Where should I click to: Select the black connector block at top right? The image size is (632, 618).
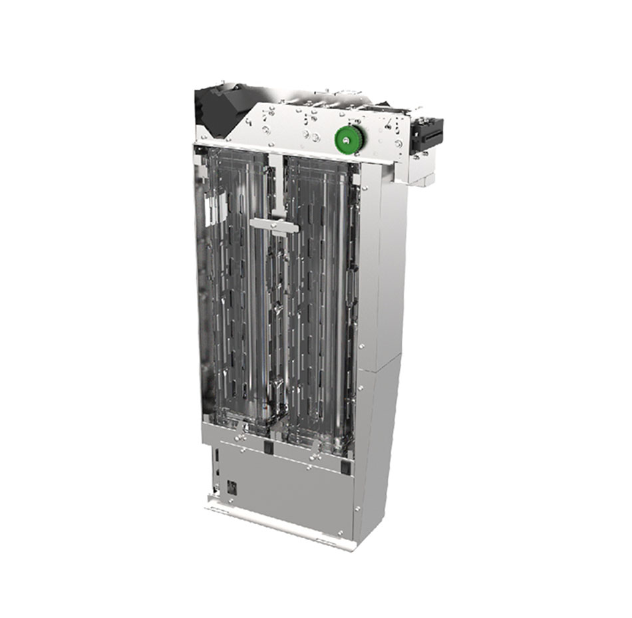click(x=426, y=133)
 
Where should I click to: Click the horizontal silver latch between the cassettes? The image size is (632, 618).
click(x=274, y=226)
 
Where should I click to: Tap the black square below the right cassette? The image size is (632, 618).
click(x=345, y=467)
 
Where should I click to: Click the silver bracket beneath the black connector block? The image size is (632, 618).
click(x=420, y=170)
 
